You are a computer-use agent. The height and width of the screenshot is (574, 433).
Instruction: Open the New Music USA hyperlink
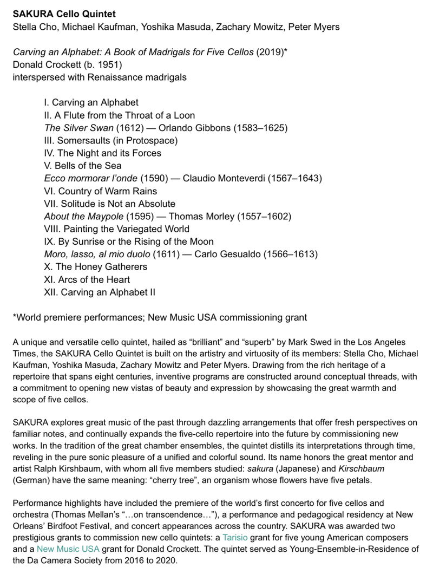pos(68,549)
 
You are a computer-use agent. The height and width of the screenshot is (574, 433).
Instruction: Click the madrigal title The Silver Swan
pos(79,128)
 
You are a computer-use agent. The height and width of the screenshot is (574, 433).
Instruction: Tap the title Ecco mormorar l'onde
pos(91,178)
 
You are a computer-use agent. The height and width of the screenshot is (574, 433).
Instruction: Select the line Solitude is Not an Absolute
pos(110,204)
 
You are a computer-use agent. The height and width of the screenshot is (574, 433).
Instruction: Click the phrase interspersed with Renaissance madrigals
pos(100,77)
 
